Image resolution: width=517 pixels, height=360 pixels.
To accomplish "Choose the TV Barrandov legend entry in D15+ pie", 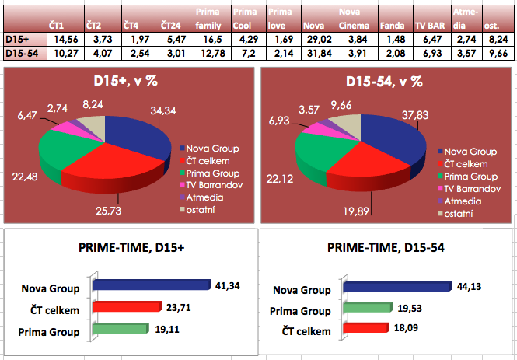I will tap(209, 187).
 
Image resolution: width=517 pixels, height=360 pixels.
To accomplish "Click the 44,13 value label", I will tap(468, 286).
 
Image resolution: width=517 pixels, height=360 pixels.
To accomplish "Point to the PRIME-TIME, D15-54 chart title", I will tap(387, 250).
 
